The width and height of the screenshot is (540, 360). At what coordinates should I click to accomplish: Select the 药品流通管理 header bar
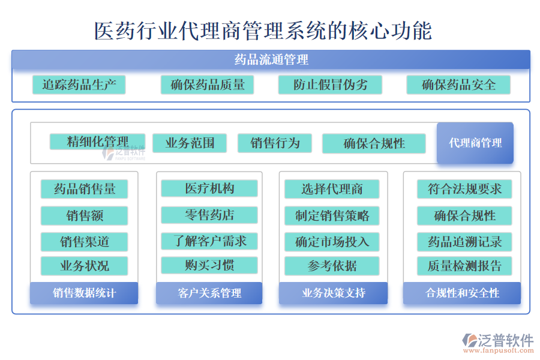[271, 59]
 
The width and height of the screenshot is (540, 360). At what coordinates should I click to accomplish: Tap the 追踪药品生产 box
[79, 85]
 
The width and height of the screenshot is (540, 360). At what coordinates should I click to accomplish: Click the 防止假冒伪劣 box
[330, 85]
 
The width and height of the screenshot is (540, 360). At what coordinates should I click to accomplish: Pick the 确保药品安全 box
[458, 85]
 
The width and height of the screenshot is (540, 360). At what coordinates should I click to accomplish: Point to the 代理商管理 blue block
[475, 143]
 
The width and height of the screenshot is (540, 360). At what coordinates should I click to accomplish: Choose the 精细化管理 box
[97, 142]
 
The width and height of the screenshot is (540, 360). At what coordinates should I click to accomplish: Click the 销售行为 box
[275, 143]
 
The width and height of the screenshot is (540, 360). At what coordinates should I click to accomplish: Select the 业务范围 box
[190, 143]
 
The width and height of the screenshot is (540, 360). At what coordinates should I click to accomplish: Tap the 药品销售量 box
[85, 189]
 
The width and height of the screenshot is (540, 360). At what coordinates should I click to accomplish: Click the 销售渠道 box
[85, 242]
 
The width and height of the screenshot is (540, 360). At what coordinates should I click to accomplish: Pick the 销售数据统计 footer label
[84, 293]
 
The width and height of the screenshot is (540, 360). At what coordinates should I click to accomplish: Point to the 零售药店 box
[209, 215]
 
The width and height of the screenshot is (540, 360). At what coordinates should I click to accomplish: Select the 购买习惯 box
[209, 265]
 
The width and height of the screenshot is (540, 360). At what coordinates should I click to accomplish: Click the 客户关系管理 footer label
[209, 293]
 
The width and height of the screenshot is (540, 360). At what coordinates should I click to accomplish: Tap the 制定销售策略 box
[332, 215]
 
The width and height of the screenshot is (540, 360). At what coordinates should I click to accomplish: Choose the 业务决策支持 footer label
[334, 293]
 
